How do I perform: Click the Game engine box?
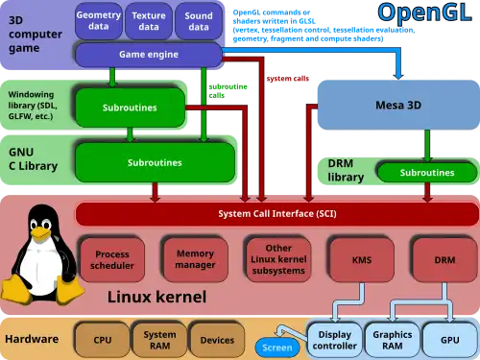click(x=149, y=56)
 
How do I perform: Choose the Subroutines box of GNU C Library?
click(x=155, y=163)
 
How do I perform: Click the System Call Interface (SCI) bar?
click(x=276, y=213)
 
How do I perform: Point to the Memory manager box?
click(x=195, y=259)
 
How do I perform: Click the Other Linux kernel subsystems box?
click(x=278, y=260)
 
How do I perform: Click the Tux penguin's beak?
click(x=38, y=233)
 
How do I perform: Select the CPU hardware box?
click(x=103, y=340)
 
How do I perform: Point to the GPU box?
click(x=448, y=340)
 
